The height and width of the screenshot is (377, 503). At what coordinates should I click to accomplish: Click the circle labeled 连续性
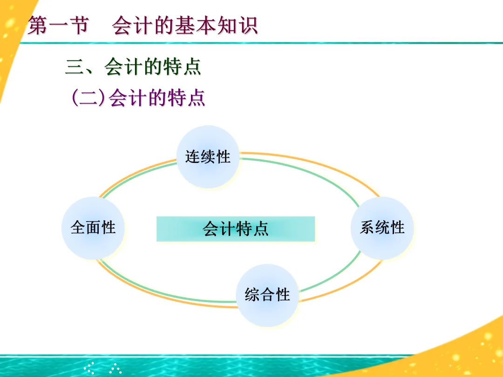208,157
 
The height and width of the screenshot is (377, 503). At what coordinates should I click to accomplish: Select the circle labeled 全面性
93,228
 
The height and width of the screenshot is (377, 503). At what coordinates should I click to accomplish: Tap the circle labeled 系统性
382,228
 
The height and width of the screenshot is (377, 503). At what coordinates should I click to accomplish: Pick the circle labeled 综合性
267,295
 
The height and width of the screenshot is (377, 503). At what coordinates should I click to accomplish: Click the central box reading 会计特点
236,229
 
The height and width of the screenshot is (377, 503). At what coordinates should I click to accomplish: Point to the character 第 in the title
38,26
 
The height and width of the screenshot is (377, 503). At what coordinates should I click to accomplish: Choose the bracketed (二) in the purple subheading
88,98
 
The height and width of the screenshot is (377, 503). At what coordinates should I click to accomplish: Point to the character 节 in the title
77,26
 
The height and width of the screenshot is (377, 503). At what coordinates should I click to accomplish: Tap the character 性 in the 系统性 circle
398,228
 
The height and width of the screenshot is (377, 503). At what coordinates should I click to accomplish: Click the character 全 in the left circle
78,228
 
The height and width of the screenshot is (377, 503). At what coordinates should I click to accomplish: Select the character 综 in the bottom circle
252,295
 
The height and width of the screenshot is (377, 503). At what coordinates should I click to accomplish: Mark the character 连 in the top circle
192,157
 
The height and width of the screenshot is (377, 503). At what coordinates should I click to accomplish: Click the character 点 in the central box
261,229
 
